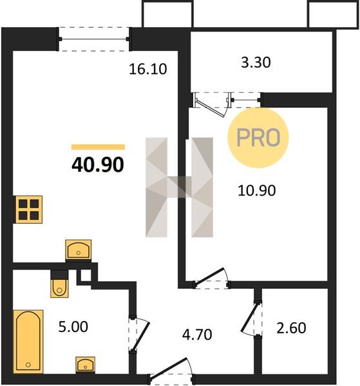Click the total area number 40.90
[98, 165]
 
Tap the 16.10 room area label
[148, 69]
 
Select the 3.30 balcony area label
[256, 62]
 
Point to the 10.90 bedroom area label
[257, 190]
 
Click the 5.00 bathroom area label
[73, 327]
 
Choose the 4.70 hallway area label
[197, 335]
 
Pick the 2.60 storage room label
[291, 328]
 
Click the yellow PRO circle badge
[258, 138]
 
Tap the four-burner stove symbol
[29, 210]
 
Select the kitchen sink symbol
[79, 250]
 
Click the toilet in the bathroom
[59, 284]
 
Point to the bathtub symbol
[28, 342]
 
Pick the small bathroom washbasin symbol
[85, 365]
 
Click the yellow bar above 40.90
[98, 147]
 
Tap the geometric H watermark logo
[179, 187]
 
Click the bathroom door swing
[139, 335]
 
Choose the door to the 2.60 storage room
[251, 318]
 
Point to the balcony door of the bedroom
[213, 104]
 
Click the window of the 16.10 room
[93, 39]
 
